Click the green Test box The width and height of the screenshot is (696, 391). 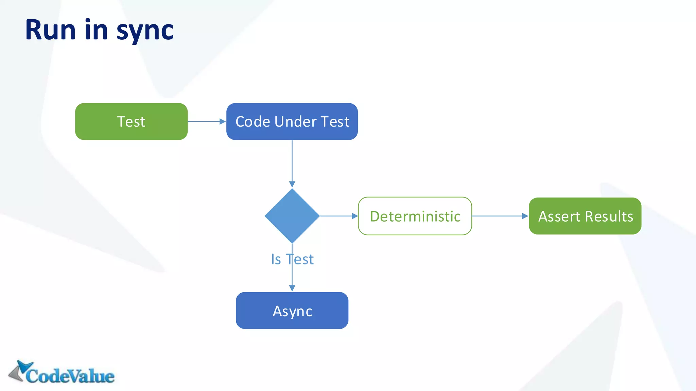131,122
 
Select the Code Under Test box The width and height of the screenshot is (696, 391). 292,122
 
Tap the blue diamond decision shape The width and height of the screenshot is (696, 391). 292,216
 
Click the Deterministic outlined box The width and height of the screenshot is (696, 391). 415,216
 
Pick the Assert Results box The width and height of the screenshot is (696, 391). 585,216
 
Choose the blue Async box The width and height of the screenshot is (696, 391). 292,311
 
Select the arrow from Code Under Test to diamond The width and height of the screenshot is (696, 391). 292,163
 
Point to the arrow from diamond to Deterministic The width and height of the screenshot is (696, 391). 338,216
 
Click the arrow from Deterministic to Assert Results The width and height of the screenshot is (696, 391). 500,216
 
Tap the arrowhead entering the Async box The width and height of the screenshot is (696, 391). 292,288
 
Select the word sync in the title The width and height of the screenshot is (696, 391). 145,31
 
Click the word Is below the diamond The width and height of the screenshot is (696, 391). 276,259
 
